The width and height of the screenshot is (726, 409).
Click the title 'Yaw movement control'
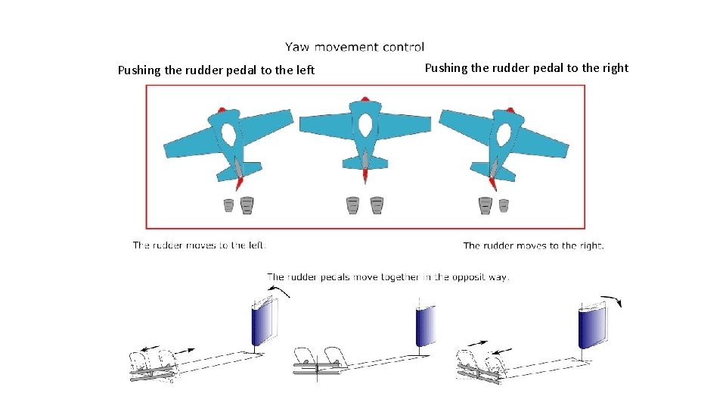pos(355,47)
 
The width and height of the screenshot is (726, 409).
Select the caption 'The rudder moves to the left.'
pos(200,245)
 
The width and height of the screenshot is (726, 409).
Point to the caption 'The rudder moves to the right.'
pos(533,245)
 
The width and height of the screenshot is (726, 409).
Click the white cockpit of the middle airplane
pos(365,125)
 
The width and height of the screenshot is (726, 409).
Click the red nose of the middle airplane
pos(365,98)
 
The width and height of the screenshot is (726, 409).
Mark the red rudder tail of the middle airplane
pos(365,176)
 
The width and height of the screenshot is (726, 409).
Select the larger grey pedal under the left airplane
pos(247,205)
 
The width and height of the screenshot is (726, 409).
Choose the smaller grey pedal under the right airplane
pos(504,205)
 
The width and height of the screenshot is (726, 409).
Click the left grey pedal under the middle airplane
pos(352,205)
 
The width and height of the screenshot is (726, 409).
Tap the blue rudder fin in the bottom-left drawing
pos(260,323)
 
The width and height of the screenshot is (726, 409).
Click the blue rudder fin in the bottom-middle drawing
pos(426,326)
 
